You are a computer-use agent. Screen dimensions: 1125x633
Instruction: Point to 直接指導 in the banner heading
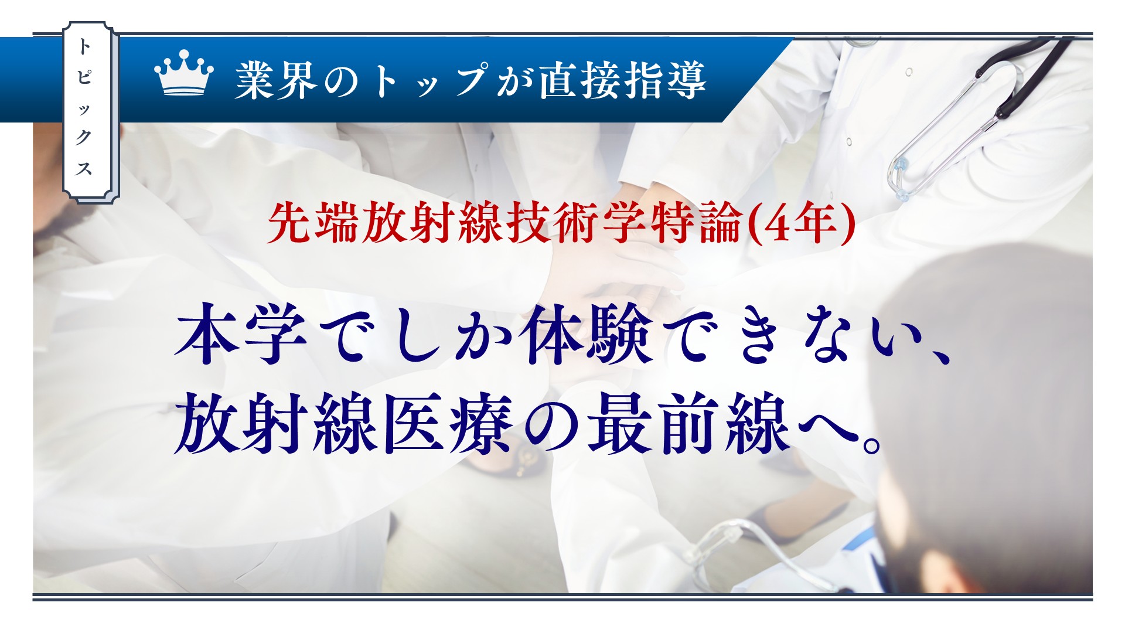tap(623, 80)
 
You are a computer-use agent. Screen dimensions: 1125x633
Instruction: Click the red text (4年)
tap(802, 224)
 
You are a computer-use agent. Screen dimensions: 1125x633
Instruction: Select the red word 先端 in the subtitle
tap(313, 224)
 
